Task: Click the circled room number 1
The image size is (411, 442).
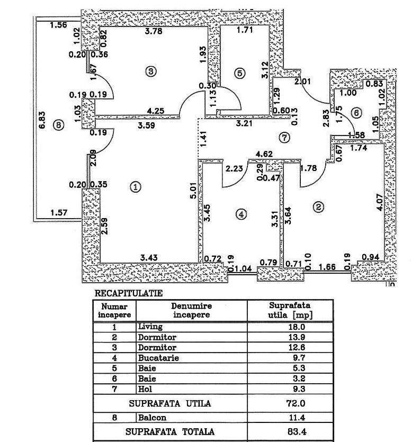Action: (x=136, y=187)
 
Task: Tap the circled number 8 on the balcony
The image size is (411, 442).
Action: (x=58, y=125)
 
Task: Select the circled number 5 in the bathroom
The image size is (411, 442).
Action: (x=239, y=73)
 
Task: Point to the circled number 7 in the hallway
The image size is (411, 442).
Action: (x=284, y=138)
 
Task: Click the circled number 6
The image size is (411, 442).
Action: (x=356, y=113)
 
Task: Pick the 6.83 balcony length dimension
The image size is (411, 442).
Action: (x=42, y=120)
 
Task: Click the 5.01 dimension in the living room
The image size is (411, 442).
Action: (x=193, y=191)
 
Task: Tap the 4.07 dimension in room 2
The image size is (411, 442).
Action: (x=380, y=202)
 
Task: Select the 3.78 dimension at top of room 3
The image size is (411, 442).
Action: (x=154, y=31)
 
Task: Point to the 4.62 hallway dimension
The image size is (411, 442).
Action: (x=264, y=154)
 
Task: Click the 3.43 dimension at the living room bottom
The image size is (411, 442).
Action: (x=149, y=258)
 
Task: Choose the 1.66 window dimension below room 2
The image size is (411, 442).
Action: (x=327, y=267)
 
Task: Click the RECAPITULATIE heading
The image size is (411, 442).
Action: (x=129, y=293)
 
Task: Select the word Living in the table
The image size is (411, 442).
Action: (x=150, y=327)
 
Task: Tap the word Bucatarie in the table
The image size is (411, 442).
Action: (x=158, y=358)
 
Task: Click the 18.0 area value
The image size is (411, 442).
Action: (x=297, y=327)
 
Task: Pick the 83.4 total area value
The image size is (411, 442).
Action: (x=296, y=431)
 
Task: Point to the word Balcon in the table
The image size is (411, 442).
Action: (x=152, y=418)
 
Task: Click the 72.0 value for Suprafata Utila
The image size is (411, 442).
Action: (x=296, y=403)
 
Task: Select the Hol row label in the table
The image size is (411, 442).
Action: (x=145, y=389)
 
